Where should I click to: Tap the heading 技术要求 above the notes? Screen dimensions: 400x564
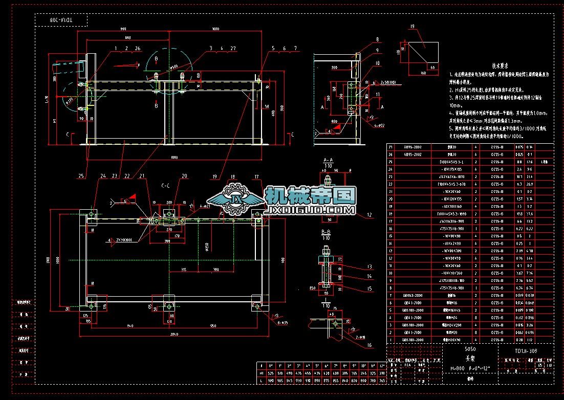coord(500,65)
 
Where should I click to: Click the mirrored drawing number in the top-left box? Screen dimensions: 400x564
coord(61,19)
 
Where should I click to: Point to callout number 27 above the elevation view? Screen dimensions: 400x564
coord(233,48)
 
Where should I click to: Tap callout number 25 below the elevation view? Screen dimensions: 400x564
coord(80,176)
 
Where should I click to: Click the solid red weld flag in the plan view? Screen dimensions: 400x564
coord(132,196)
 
